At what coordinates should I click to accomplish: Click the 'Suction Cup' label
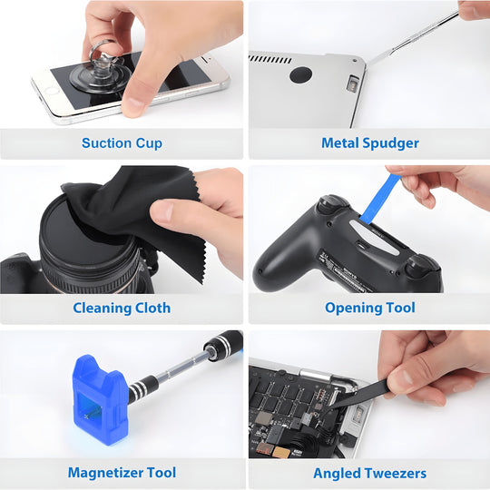(122, 143)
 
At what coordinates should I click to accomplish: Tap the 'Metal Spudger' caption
(369, 143)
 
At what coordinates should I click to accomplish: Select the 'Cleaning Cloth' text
(122, 309)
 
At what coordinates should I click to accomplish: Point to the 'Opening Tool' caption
(369, 309)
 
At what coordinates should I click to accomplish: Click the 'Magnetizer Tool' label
(122, 473)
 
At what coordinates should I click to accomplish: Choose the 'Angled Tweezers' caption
(369, 474)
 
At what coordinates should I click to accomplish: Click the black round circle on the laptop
(300, 75)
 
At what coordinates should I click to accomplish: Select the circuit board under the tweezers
(290, 399)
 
